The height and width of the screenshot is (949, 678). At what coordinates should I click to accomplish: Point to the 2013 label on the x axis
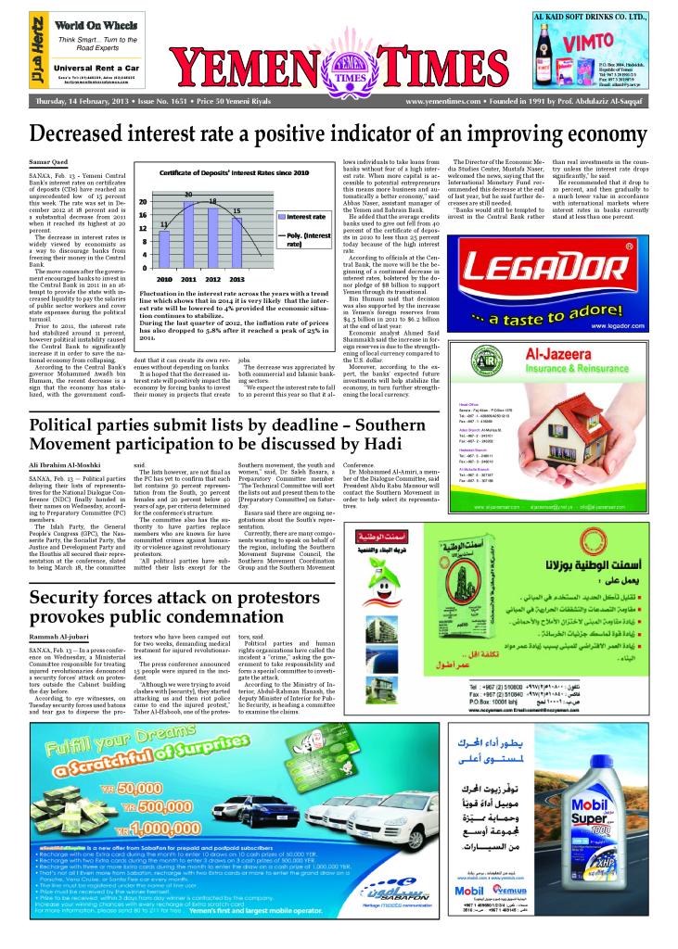[x=237, y=278]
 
